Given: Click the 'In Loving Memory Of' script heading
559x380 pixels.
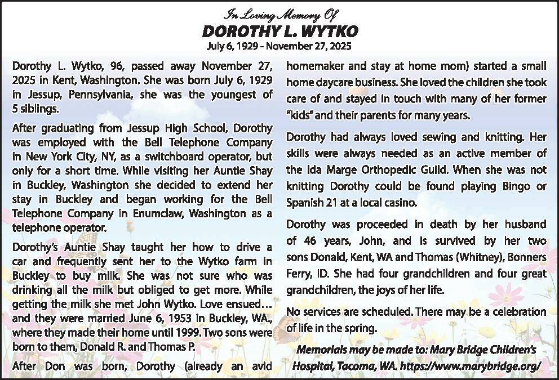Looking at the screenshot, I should click(x=279, y=13).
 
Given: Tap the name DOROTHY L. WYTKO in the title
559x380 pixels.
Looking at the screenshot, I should click(x=279, y=30).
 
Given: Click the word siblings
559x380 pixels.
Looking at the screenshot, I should click(x=39, y=108).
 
